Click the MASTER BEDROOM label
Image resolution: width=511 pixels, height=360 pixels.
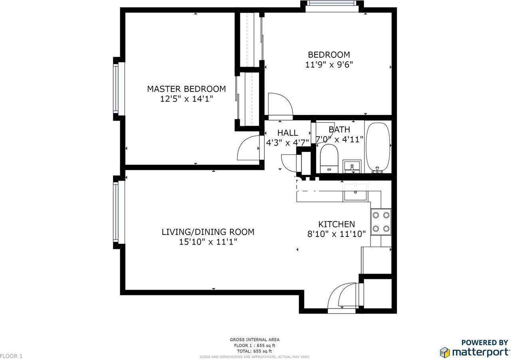[x=186, y=89]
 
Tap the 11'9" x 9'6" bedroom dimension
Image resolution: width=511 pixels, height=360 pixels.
[x=329, y=64]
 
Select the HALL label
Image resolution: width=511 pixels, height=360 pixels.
[x=287, y=133]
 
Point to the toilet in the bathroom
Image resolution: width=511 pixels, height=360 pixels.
[x=329, y=158]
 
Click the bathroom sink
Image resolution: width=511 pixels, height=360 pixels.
[x=352, y=166]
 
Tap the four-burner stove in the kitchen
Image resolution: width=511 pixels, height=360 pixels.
[x=380, y=222]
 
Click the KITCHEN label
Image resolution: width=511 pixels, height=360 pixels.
[x=336, y=224]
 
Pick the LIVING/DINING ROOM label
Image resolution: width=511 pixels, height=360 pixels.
[x=208, y=232]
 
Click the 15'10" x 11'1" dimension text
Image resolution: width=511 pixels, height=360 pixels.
[x=208, y=242]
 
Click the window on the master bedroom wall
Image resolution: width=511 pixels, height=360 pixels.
[x=116, y=88]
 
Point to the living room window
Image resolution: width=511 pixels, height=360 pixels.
[x=116, y=212]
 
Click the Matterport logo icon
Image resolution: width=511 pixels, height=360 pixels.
[x=445, y=352]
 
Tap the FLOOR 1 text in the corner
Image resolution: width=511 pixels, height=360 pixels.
[x=12, y=356]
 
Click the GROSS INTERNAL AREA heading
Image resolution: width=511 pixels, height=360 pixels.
[x=255, y=340]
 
